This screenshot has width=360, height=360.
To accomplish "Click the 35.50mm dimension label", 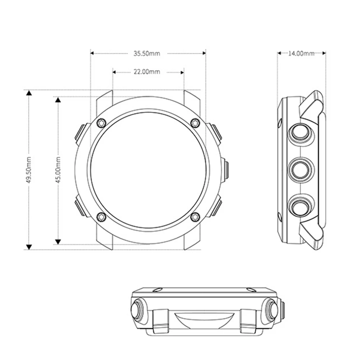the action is (147, 54).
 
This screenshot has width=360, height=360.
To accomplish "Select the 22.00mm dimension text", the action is (147, 72).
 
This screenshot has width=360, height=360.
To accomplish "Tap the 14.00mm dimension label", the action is (301, 54).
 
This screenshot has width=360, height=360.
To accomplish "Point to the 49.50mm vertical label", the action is (29, 170).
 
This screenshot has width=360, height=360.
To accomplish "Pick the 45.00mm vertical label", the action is (58, 170).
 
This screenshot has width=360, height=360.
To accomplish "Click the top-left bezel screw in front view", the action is (101, 123).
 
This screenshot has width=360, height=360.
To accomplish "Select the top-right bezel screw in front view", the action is (195, 123).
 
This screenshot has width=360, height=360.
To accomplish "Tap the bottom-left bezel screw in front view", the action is (101, 217).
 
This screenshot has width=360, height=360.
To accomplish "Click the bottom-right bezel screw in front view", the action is (195, 217).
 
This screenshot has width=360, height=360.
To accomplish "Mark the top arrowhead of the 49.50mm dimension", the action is (29, 93).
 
